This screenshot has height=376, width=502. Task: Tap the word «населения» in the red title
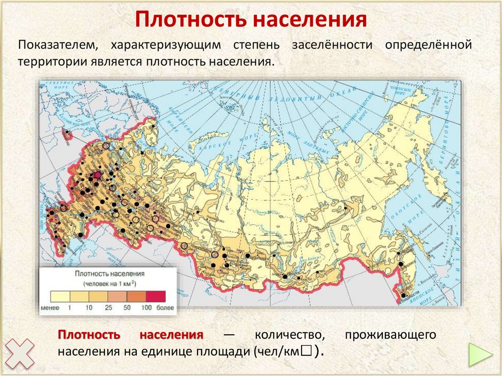coord(311,20)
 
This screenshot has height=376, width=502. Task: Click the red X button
coord(20,354)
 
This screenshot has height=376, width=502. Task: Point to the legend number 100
coord(146,308)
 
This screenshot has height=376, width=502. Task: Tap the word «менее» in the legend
coord(50,308)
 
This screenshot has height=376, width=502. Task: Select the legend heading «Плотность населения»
coord(108,275)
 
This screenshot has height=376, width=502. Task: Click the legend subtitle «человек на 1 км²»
coord(109,284)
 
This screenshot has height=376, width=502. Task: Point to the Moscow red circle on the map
coord(97,175)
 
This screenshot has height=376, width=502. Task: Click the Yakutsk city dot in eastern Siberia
coord(346,208)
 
